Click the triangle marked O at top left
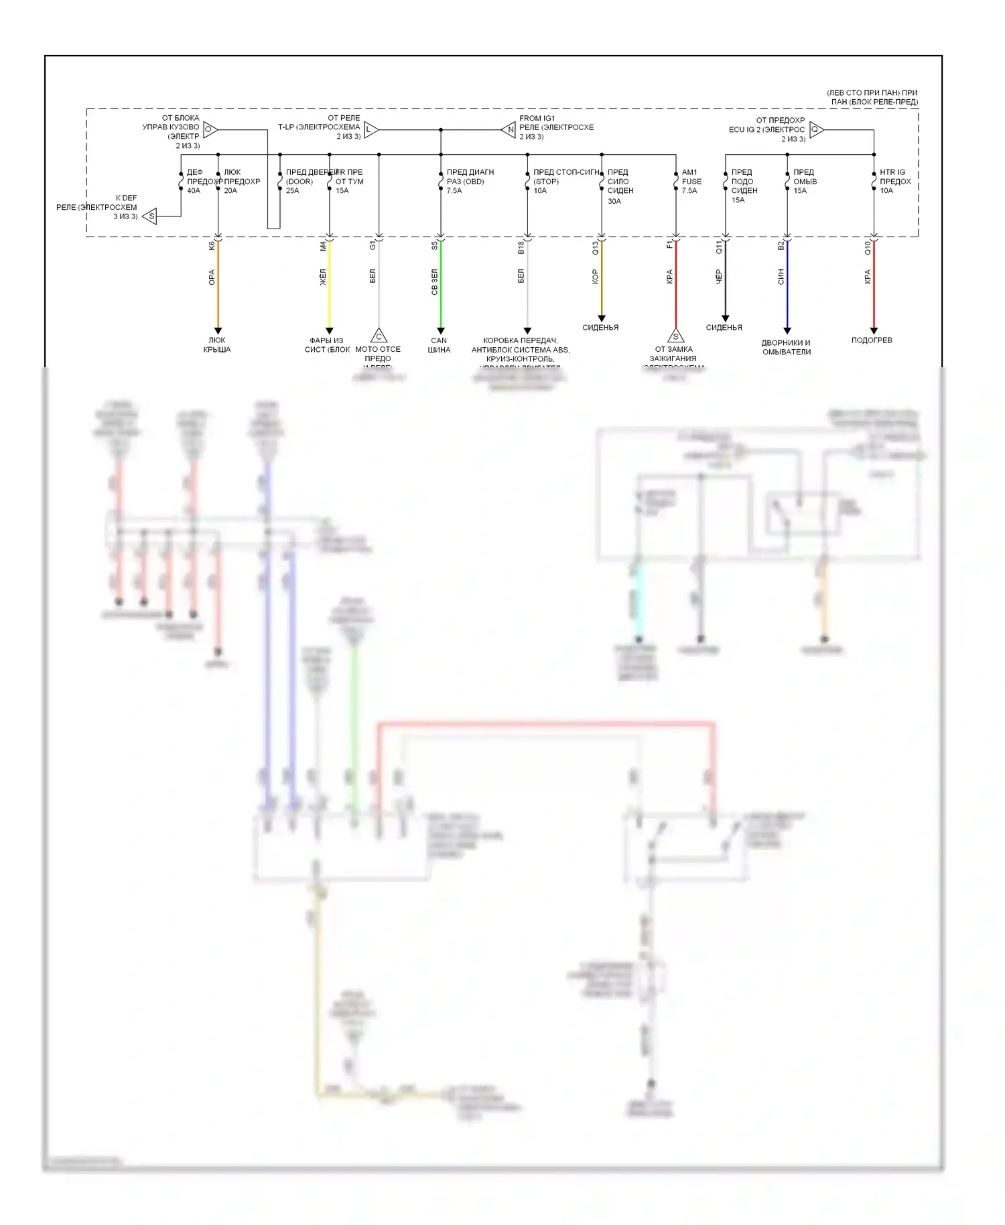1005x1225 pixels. point(209,129)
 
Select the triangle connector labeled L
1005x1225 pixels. point(371,129)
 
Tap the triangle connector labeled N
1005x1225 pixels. point(509,129)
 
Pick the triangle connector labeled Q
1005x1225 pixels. point(816,129)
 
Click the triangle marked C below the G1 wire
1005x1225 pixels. point(379,336)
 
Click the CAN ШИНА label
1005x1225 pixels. point(439,345)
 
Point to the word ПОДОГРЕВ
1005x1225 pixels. point(872,340)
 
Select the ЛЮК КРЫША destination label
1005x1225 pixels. point(217,345)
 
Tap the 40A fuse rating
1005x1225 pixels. point(194,191)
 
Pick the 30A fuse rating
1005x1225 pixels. point(614,201)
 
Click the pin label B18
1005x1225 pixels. point(521,248)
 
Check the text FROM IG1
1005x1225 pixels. point(537,119)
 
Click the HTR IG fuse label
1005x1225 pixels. point(892,172)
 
